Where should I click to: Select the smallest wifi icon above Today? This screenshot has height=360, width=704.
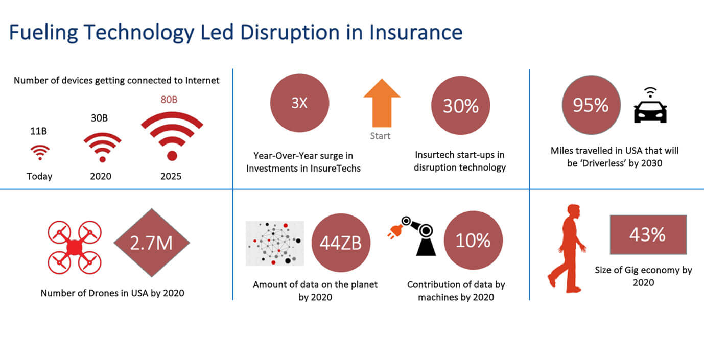[x=40, y=152]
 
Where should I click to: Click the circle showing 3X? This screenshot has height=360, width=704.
[x=299, y=104]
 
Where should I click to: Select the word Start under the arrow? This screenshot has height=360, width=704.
[x=380, y=136]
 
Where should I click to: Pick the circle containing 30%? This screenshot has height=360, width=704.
[x=460, y=106]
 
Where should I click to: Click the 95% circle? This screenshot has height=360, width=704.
[x=591, y=106]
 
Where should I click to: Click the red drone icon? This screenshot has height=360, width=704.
[x=75, y=247]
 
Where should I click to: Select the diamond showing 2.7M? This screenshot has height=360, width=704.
[x=151, y=243]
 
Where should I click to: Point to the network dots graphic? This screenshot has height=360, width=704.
[x=275, y=243]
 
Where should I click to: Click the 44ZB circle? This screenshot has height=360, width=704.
[x=340, y=243]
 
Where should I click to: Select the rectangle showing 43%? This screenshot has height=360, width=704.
[x=647, y=235]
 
